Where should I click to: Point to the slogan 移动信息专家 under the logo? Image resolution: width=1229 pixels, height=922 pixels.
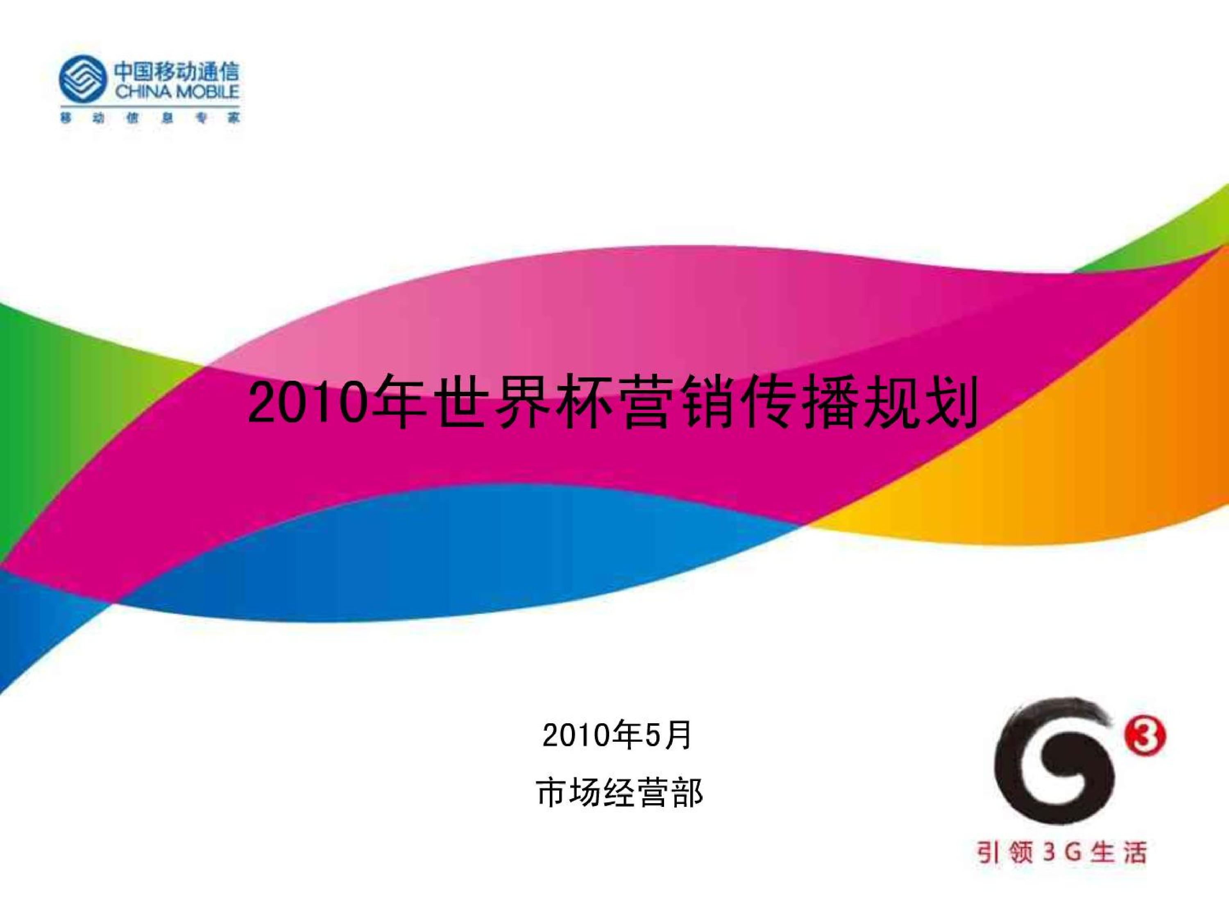pos(150,119)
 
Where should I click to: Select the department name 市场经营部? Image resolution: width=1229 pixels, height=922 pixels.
pos(619,793)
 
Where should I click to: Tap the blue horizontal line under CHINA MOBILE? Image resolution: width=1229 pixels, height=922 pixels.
pos(150,104)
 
